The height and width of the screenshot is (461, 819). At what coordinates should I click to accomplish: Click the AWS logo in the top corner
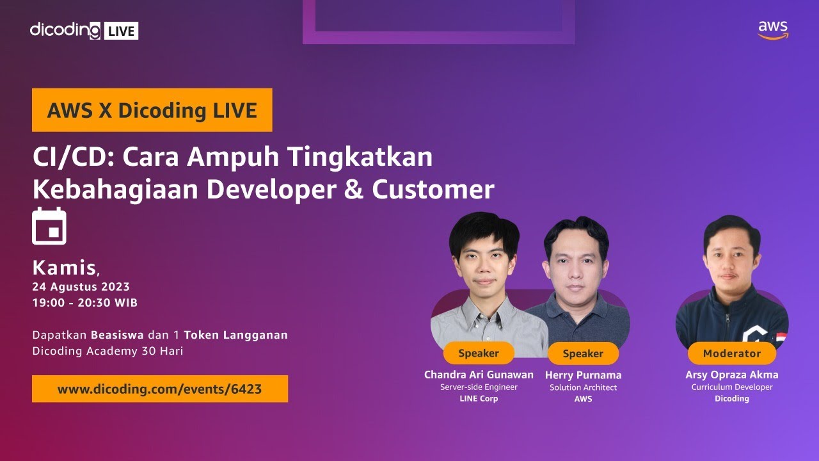(x=773, y=29)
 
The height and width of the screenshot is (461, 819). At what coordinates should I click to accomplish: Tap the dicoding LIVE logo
(x=84, y=30)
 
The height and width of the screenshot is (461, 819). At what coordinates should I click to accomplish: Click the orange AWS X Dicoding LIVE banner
(x=152, y=110)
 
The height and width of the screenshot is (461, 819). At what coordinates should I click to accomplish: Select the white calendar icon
(x=49, y=225)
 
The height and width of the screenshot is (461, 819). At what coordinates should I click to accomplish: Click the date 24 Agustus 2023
(x=81, y=286)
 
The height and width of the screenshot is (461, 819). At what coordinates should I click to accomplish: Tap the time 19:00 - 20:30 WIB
(x=84, y=302)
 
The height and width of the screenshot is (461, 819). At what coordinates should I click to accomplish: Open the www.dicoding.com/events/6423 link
(x=159, y=389)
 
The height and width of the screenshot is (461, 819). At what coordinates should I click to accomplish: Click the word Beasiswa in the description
(x=118, y=335)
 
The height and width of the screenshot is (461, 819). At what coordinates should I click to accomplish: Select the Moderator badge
(x=731, y=353)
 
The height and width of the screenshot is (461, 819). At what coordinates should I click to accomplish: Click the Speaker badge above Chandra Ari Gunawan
(x=478, y=353)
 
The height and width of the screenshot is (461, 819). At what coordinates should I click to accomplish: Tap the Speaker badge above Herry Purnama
(x=582, y=353)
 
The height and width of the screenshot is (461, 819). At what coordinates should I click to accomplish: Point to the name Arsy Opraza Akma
(x=731, y=375)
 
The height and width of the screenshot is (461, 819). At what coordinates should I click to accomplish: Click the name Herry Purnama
(x=583, y=375)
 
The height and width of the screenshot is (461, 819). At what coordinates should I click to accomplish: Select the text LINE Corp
(x=478, y=398)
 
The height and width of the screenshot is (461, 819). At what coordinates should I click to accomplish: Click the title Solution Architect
(x=583, y=387)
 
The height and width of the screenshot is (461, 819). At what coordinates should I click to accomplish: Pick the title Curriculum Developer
(x=731, y=387)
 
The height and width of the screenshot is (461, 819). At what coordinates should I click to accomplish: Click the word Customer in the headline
(x=433, y=190)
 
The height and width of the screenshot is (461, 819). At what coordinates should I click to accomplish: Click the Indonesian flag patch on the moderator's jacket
(x=781, y=337)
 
